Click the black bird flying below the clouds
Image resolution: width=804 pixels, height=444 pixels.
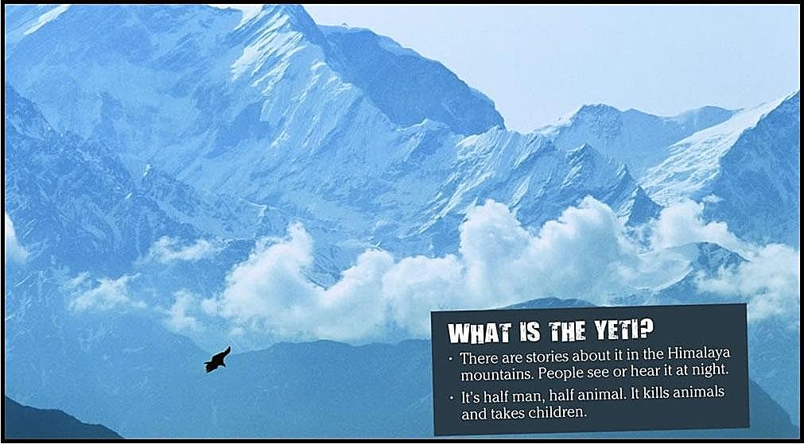217,360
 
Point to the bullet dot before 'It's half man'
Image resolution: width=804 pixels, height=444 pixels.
451,397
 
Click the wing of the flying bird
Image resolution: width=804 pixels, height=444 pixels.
224,353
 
